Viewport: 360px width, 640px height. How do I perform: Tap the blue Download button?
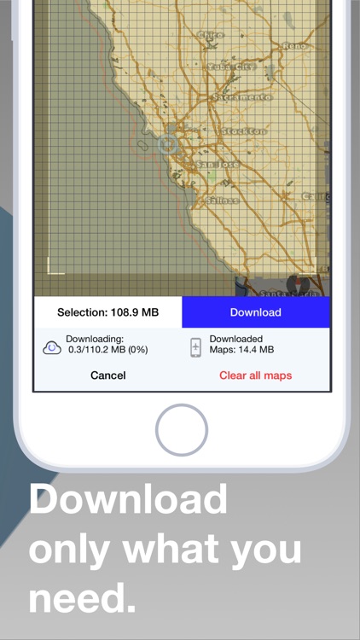tap(255, 312)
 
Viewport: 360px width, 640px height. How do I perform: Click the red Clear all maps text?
tap(255, 375)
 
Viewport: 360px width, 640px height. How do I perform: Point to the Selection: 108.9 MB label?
tap(107, 312)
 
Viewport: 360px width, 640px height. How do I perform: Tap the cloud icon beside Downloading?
tap(51, 347)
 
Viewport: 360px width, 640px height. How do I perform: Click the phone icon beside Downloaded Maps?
tap(195, 347)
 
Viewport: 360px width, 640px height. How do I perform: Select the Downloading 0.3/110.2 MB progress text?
tap(101, 345)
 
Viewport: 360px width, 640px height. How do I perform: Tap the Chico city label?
tap(210, 36)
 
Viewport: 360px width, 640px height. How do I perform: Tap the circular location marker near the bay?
tap(167, 143)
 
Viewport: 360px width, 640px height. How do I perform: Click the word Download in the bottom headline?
tap(128, 498)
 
